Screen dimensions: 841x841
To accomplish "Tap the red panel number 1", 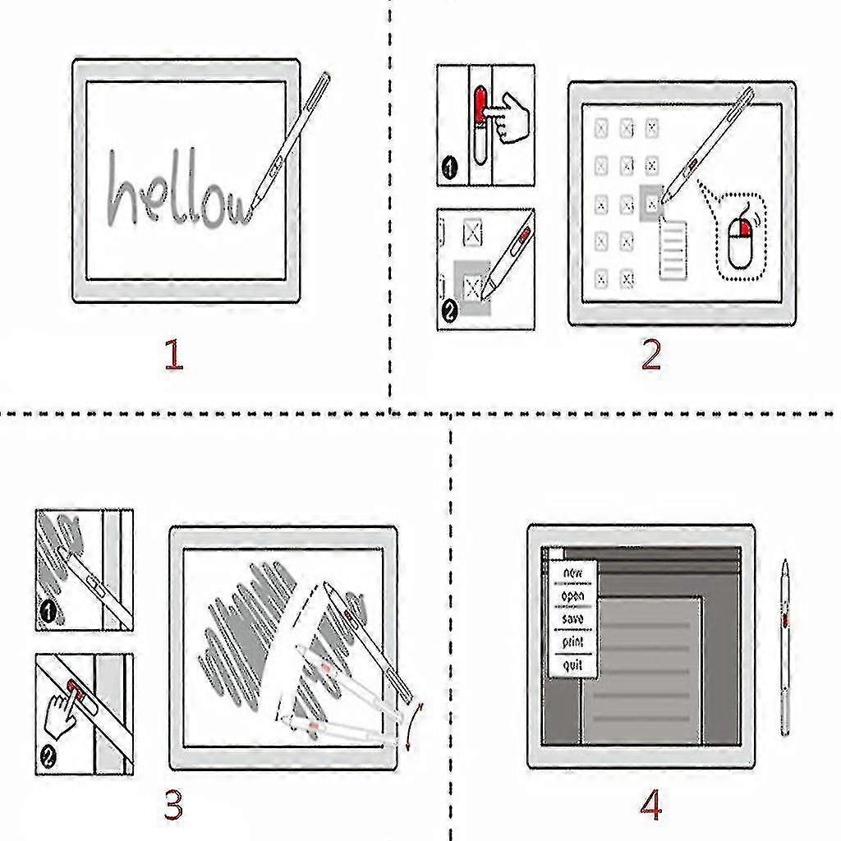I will (x=172, y=355).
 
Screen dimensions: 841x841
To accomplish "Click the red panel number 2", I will (x=650, y=355).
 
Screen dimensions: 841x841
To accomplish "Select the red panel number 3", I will (x=172, y=806).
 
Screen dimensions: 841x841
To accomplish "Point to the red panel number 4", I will (x=650, y=806).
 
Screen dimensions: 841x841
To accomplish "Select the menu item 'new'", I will (x=572, y=572).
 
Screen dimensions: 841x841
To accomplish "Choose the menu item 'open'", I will (x=572, y=595).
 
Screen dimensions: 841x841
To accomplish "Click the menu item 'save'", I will (x=572, y=618).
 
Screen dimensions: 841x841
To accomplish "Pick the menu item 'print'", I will (x=572, y=641).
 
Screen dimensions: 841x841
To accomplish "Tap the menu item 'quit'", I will (x=572, y=664).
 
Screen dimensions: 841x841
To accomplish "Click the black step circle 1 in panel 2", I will (x=449, y=170).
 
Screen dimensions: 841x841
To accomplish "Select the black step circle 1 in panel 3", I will (x=48, y=612).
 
